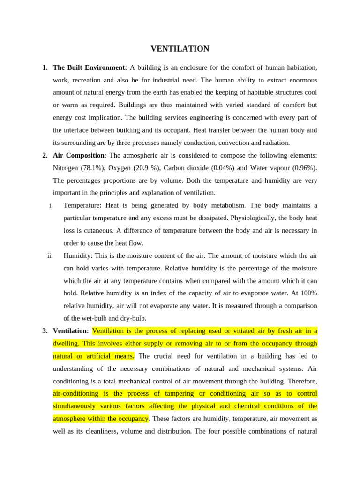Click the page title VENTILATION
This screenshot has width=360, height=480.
180,49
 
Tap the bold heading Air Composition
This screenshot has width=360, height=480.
78,155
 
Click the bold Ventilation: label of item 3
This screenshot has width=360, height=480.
71,331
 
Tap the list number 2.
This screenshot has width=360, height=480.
45,155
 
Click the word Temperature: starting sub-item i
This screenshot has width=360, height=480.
82,205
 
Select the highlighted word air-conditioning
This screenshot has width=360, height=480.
75,393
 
